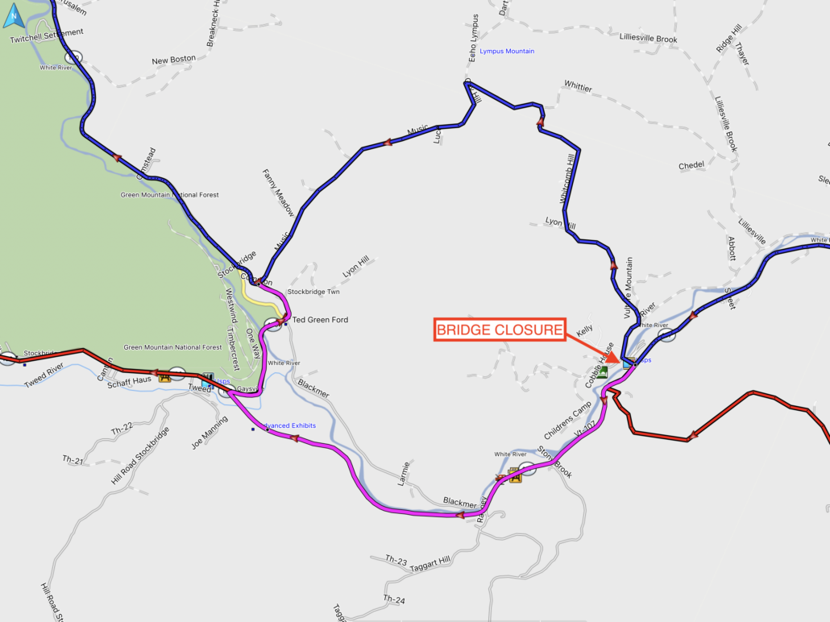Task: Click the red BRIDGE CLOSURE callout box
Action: pos(499,330)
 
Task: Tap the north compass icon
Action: pos(15,15)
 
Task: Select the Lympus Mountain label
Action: pos(507,52)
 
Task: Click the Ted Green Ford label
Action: pos(320,320)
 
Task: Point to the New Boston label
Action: pos(173,60)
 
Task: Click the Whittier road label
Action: pos(578,85)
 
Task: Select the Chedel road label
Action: pos(691,165)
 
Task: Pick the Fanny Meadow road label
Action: pos(278,193)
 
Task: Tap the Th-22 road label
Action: pos(122,428)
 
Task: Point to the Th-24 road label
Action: pos(394,599)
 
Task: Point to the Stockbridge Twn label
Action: pos(313,292)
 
